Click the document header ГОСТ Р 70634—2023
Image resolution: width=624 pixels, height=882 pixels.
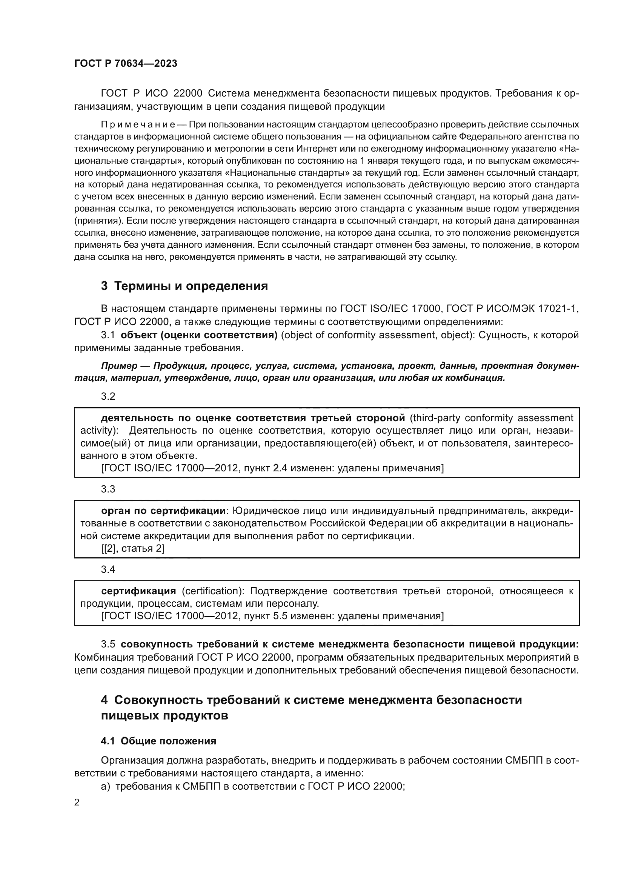click(126, 64)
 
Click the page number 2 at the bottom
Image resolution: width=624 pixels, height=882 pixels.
click(77, 802)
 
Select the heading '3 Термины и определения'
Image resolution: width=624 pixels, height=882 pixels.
click(184, 286)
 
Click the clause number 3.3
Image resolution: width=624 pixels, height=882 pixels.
click(108, 489)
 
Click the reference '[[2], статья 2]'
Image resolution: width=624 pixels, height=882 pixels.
click(132, 549)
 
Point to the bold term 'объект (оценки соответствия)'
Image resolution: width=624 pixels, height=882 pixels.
click(199, 335)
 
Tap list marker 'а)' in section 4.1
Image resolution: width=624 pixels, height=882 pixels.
click(106, 786)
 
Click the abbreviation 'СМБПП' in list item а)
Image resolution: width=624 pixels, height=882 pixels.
click(197, 786)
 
